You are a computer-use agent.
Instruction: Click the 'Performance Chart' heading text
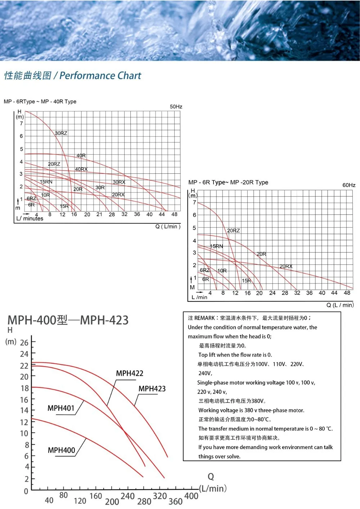tap(100, 76)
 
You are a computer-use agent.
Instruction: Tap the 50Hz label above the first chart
tap(176, 106)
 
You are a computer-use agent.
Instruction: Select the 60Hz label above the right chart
tap(349, 185)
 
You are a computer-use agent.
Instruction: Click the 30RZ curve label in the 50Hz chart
tap(61, 133)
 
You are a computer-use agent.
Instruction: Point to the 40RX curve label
tap(81, 169)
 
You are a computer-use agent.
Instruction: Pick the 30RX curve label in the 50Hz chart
tap(119, 182)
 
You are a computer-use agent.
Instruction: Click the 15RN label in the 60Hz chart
tap(216, 246)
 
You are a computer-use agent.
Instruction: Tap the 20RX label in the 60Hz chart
tap(286, 266)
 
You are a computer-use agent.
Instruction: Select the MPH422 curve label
tap(130, 373)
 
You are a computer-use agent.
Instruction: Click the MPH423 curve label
tap(152, 388)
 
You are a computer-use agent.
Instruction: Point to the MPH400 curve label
tap(62, 450)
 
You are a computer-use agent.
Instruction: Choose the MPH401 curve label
tap(61, 408)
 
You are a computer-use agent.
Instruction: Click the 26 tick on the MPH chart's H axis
tap(24, 342)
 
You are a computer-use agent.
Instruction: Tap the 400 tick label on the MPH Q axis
tap(191, 496)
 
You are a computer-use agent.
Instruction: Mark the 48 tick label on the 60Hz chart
tap(347, 293)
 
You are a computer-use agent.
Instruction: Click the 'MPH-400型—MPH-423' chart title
tap(68, 320)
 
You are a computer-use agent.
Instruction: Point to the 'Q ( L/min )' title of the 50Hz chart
tap(168, 227)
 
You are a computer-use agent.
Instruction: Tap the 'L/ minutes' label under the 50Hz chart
tap(30, 219)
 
